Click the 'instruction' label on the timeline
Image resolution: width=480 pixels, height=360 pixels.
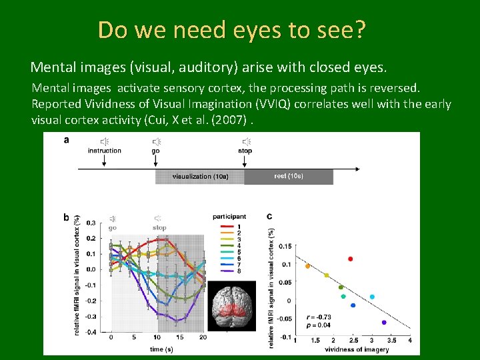(x=105, y=151)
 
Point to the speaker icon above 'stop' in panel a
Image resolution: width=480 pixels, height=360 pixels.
(x=246, y=141)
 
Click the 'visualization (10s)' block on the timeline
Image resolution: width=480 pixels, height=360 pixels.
(x=200, y=177)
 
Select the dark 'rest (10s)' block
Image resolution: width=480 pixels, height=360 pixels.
(x=288, y=177)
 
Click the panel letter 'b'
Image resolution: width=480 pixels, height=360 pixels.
(x=66, y=217)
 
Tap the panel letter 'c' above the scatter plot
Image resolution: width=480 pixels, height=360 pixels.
(x=269, y=217)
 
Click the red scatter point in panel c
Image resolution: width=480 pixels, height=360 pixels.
(x=350, y=259)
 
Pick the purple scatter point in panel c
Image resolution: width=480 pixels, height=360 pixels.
(x=384, y=323)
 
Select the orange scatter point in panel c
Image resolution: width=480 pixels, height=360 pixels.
(x=307, y=266)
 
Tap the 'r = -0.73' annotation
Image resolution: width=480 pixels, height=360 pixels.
(x=319, y=317)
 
